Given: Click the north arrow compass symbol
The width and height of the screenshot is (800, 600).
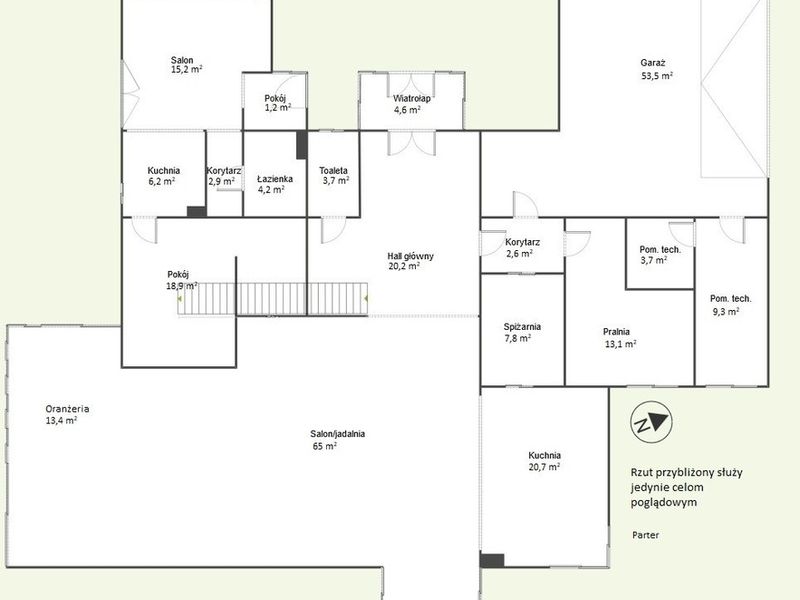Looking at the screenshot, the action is (x=651, y=422).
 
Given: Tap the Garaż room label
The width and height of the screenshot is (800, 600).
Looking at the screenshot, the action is (x=653, y=63).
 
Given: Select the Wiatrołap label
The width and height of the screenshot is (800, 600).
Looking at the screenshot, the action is (x=411, y=98).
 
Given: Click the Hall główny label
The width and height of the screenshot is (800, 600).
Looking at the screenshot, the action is (x=410, y=256).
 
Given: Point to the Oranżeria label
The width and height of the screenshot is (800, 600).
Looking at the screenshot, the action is (x=67, y=409).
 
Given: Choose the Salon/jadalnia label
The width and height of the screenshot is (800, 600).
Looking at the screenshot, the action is (x=337, y=434).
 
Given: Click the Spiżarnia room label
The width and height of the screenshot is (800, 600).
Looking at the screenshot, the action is (x=522, y=327).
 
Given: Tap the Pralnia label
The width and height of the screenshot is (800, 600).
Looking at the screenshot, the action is (x=616, y=332).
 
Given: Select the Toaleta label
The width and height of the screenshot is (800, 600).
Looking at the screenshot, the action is (x=333, y=170).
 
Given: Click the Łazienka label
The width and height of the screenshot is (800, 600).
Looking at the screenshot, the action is (x=274, y=179).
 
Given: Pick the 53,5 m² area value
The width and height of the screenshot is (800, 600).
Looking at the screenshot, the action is (x=657, y=76).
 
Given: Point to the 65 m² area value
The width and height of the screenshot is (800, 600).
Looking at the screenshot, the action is (x=324, y=446).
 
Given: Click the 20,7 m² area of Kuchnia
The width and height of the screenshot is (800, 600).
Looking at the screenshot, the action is (x=544, y=467).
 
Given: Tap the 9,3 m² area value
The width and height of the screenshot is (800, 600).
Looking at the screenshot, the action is (x=726, y=311).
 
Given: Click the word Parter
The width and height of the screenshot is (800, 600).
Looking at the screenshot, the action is (x=645, y=535).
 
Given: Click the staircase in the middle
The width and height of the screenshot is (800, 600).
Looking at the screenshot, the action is (x=272, y=299).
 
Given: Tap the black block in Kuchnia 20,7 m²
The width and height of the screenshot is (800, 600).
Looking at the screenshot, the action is (x=492, y=560).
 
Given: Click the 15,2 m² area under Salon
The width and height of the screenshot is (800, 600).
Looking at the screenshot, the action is (x=187, y=69).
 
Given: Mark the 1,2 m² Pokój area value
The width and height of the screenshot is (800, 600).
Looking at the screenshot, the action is (x=278, y=108).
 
